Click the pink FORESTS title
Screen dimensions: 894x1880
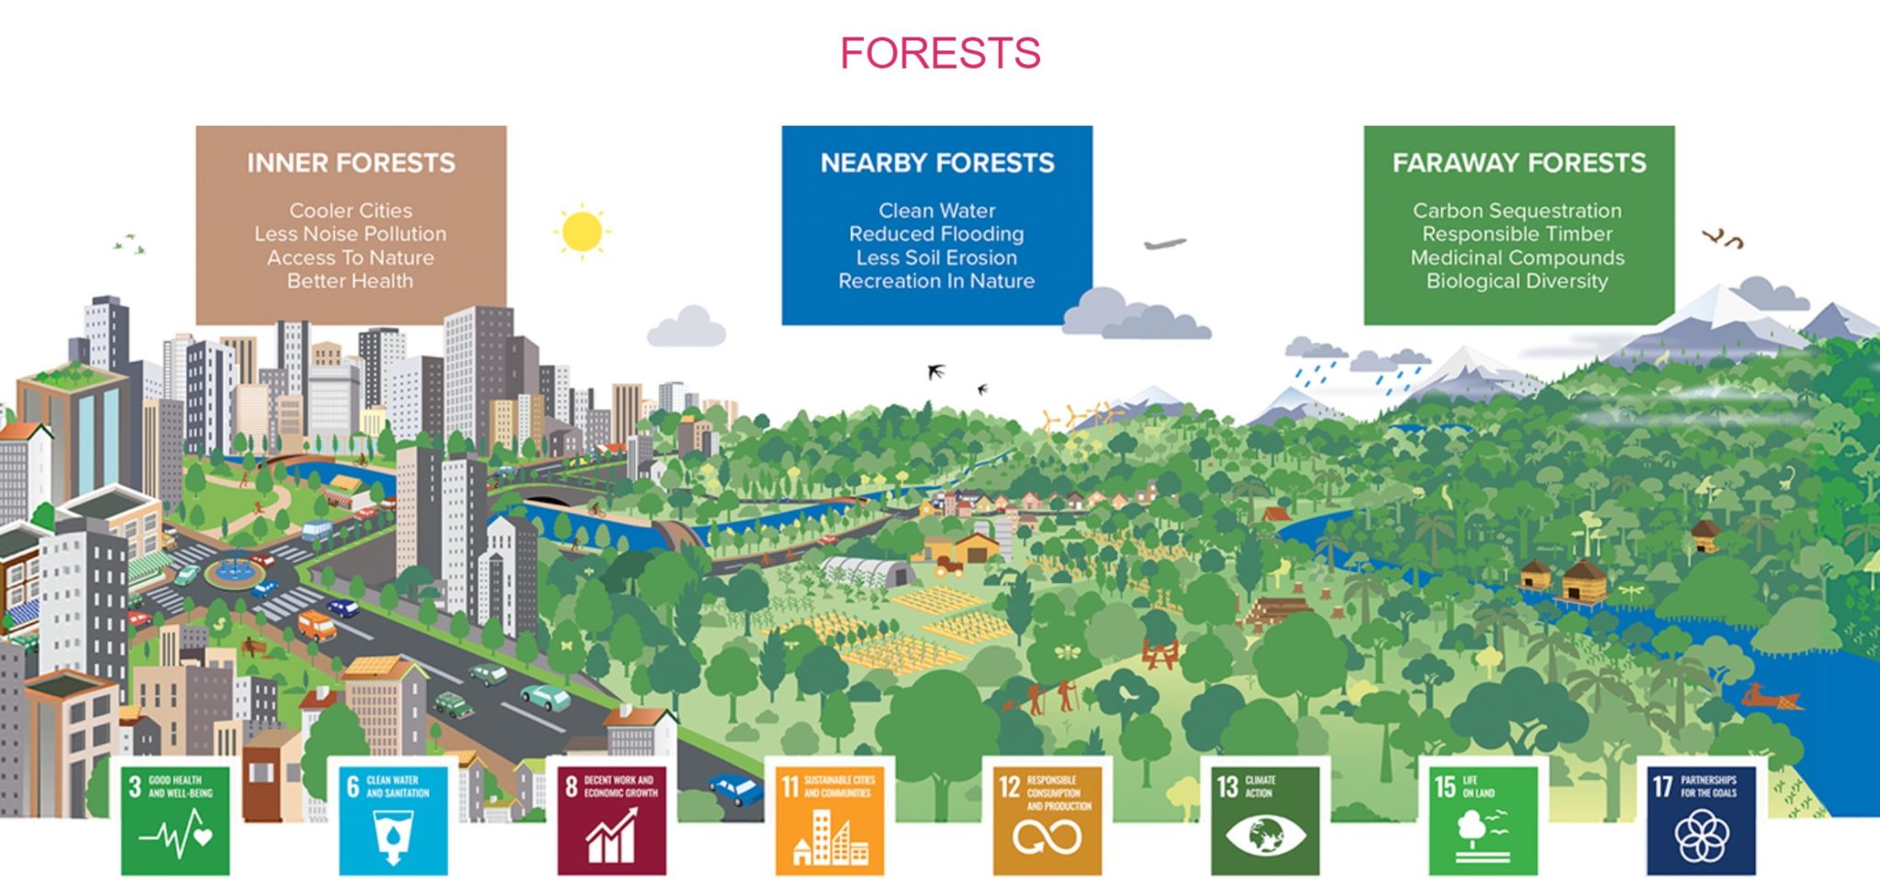(940, 53)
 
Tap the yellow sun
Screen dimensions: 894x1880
(581, 230)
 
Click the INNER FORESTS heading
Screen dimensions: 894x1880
(351, 163)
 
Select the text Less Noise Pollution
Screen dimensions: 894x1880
(351, 234)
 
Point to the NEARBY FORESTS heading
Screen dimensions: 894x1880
(937, 163)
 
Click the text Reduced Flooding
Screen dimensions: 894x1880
(936, 234)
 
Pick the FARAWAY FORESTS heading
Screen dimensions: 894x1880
(1519, 163)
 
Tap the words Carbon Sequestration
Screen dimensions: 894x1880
(1517, 210)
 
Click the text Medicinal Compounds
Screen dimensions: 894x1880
(1517, 258)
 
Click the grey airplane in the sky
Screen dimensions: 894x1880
(1165, 244)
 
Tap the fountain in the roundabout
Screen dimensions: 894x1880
(234, 570)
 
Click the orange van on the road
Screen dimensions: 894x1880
(316, 625)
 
